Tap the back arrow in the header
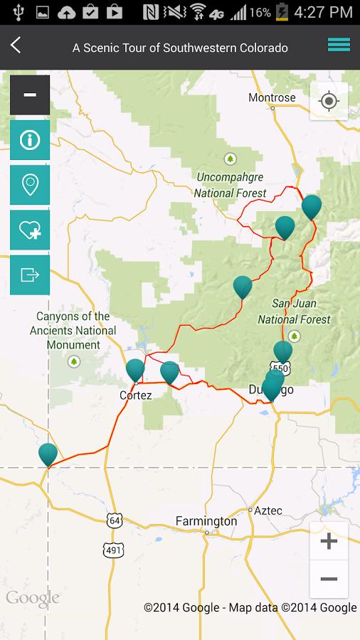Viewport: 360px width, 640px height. tap(16, 46)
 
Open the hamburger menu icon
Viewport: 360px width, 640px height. tap(339, 45)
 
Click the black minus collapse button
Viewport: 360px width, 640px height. tap(30, 95)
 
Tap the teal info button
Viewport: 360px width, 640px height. tap(30, 139)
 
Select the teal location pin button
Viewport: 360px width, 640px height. tap(30, 185)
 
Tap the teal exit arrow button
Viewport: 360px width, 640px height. tap(30, 274)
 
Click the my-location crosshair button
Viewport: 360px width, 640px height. tap(329, 101)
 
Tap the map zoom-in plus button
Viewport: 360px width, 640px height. tap(329, 542)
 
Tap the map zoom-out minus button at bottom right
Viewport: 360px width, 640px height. tap(329, 580)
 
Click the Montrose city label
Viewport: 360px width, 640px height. tap(272, 97)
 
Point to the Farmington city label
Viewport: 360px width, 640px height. tap(206, 521)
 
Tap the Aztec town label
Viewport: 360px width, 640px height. tap(268, 511)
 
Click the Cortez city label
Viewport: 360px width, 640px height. tap(135, 395)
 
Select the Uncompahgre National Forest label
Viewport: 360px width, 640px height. tap(230, 185)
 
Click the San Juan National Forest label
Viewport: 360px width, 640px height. tap(294, 311)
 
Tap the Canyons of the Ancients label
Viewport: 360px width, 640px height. tap(73, 331)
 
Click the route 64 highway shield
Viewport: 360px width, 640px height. tap(115, 521)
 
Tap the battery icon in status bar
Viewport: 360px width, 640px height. tap(282, 12)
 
